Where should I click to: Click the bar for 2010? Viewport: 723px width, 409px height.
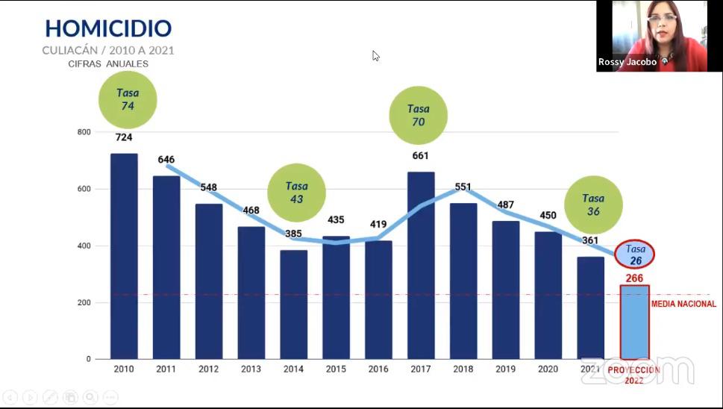[124, 256]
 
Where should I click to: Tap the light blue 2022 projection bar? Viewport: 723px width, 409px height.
[634, 322]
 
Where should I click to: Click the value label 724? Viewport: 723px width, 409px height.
[124, 138]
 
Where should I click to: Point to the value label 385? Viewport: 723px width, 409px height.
[293, 234]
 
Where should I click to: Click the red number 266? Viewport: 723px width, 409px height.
[634, 278]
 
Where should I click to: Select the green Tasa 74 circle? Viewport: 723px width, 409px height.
[128, 100]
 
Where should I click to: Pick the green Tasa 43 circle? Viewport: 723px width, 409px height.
[296, 193]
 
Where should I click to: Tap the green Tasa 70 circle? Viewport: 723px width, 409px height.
[419, 115]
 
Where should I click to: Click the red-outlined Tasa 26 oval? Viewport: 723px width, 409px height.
[635, 255]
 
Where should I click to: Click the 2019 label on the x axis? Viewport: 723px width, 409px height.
[505, 369]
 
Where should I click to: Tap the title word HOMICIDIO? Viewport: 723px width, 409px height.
[108, 28]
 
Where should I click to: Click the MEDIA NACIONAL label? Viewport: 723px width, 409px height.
[683, 304]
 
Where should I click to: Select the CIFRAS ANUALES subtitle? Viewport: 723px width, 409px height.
[107, 64]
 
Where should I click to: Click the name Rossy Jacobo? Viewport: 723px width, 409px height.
[627, 63]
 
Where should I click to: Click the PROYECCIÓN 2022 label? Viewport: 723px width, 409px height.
[633, 375]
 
